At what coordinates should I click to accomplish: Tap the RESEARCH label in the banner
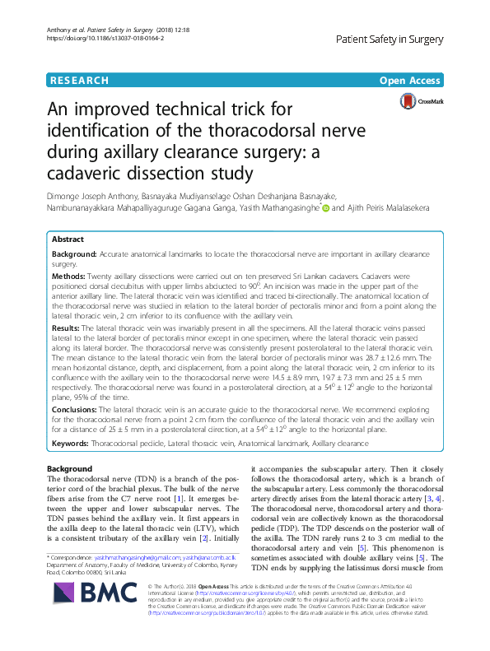tap(79, 81)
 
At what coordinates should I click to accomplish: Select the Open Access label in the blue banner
tap(412, 81)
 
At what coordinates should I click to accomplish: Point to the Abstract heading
tap(68, 239)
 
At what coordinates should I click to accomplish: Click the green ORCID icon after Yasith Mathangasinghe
tap(325, 209)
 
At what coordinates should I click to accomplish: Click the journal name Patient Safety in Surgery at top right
tap(390, 39)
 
